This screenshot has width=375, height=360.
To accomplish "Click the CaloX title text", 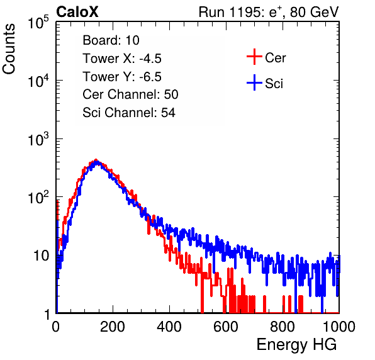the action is tap(77, 12).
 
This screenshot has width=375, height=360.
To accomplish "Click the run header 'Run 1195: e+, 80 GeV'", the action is tap(269, 12).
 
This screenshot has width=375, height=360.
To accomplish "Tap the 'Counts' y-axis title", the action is tap(9, 49).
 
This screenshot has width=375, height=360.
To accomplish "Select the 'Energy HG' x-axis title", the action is tap(296, 344).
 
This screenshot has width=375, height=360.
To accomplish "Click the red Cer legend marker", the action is tap(254, 57).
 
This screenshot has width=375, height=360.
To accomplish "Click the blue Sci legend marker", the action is tap(254, 83).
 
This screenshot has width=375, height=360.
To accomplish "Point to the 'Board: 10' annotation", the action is tap(111, 40).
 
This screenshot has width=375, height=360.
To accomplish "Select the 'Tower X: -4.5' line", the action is tap(122, 59).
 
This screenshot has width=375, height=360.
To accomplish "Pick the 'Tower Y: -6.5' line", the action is tap(122, 77).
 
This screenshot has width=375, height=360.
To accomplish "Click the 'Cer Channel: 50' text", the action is tap(130, 94).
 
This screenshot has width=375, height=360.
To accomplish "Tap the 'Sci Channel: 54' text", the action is tap(129, 113).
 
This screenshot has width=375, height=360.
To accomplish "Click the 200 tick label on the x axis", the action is tap(113, 327).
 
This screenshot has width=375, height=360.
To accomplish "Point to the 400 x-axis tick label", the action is tap(169, 327).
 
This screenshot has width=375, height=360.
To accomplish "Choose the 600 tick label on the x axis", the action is tap(226, 327).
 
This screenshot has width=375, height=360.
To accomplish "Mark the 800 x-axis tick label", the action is tap(283, 327).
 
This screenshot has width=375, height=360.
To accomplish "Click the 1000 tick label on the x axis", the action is tap(339, 327).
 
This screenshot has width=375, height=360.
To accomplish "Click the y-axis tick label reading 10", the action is tap(42, 256).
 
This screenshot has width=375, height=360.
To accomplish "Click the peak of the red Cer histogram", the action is tap(96, 160).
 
